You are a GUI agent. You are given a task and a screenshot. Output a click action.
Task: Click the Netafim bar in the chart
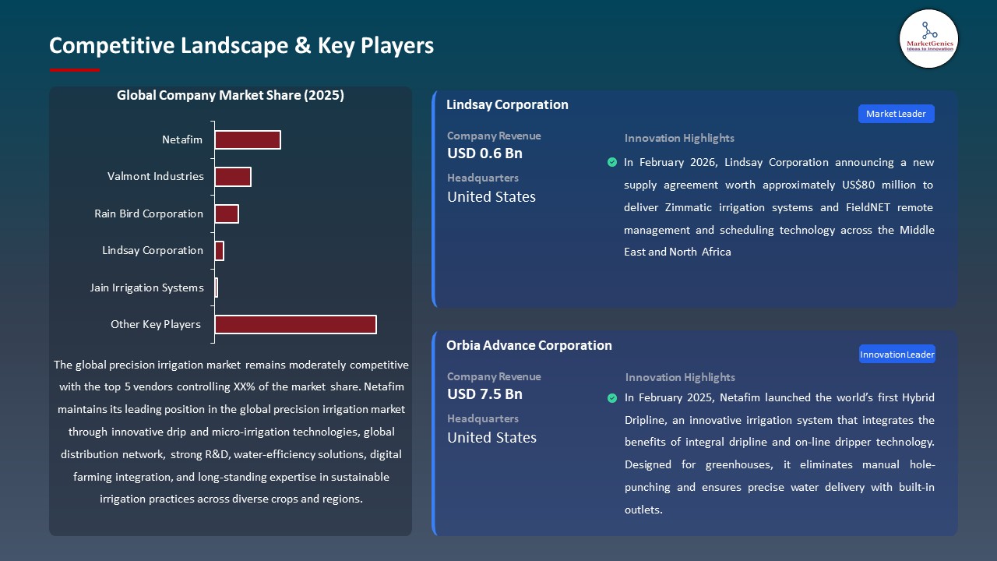click(x=247, y=139)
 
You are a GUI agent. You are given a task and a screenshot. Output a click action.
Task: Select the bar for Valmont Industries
click(x=232, y=177)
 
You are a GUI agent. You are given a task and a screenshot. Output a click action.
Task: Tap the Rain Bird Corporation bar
click(x=226, y=213)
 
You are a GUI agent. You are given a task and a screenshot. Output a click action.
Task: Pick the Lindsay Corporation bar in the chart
click(x=219, y=251)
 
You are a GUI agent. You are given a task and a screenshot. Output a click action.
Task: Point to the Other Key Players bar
click(x=295, y=324)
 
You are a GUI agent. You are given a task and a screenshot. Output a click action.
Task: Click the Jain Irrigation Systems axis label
click(x=146, y=288)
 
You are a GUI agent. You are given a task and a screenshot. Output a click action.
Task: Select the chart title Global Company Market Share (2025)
click(x=231, y=95)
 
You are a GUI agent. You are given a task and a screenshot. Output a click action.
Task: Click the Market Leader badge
click(x=896, y=114)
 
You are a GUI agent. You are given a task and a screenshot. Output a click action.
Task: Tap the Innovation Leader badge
click(x=897, y=355)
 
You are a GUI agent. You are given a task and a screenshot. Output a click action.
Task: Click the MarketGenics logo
click(x=928, y=38)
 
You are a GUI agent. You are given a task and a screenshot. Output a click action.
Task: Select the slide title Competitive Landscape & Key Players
click(x=241, y=45)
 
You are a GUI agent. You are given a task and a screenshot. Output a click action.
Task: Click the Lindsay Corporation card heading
click(x=507, y=104)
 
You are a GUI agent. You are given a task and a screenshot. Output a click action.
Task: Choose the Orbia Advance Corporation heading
click(x=529, y=345)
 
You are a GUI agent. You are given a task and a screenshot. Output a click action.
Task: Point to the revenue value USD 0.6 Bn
click(x=484, y=153)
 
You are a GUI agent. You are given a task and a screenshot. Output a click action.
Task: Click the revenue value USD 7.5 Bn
click(x=484, y=394)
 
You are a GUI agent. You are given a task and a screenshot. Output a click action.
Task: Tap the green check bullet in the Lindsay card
click(x=611, y=162)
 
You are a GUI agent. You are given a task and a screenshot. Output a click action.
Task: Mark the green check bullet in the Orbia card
click(x=612, y=398)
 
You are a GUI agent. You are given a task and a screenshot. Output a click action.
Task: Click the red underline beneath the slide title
click(x=75, y=70)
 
